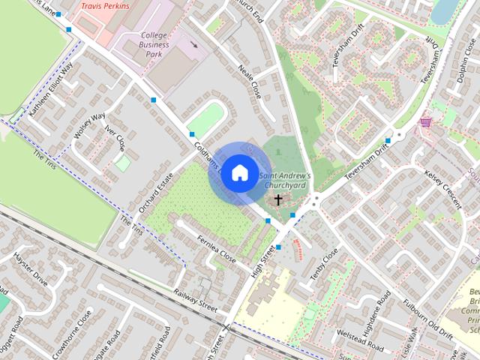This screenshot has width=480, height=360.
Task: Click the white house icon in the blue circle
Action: pyautogui.click(x=238, y=172)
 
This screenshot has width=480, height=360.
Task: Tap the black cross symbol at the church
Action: pyautogui.click(x=278, y=199)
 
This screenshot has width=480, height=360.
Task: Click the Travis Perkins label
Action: pyautogui.click(x=105, y=6)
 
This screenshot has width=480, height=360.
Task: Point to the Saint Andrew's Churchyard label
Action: pyautogui.click(x=285, y=180)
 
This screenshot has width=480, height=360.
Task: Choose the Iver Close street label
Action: pyautogui.click(x=115, y=138)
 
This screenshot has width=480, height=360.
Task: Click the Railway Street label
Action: pyautogui.click(x=195, y=301)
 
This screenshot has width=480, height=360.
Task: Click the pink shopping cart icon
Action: pyautogui.click(x=426, y=121)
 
